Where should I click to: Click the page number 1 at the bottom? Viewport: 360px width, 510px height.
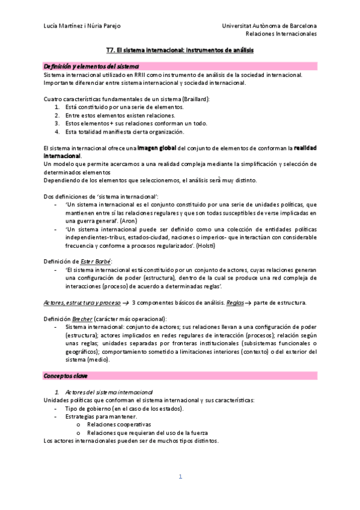click(x=180, y=477)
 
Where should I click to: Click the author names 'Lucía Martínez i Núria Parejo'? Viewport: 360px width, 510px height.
click(x=82, y=26)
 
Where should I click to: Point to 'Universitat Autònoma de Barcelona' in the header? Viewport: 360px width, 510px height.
click(x=269, y=26)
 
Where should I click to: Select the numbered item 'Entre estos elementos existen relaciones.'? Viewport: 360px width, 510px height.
click(x=120, y=115)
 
